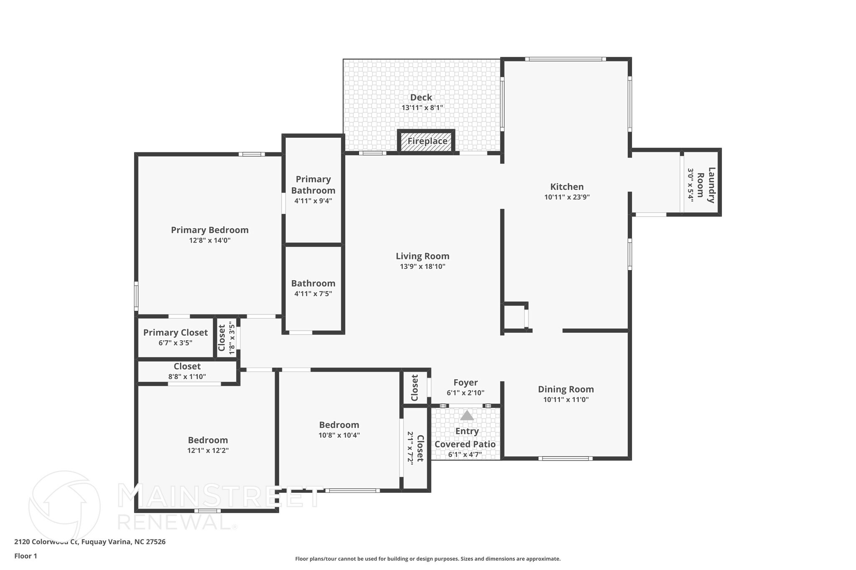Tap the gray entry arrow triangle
(467, 415)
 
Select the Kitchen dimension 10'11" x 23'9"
(567, 197)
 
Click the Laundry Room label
(706, 185)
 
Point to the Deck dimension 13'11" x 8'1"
(422, 108)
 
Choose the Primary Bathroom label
(313, 185)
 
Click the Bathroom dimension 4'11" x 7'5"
(313, 294)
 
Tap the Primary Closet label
(175, 332)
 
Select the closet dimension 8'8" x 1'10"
(187, 376)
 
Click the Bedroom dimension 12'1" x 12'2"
(208, 451)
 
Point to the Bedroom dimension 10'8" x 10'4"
(339, 435)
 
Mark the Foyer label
(465, 383)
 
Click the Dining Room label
(566, 389)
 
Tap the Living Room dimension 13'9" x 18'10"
(423, 266)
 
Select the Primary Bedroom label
(209, 230)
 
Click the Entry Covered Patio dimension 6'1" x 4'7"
(465, 454)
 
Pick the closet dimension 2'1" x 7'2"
(410, 448)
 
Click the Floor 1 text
(25, 556)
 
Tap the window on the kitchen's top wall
(565, 59)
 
